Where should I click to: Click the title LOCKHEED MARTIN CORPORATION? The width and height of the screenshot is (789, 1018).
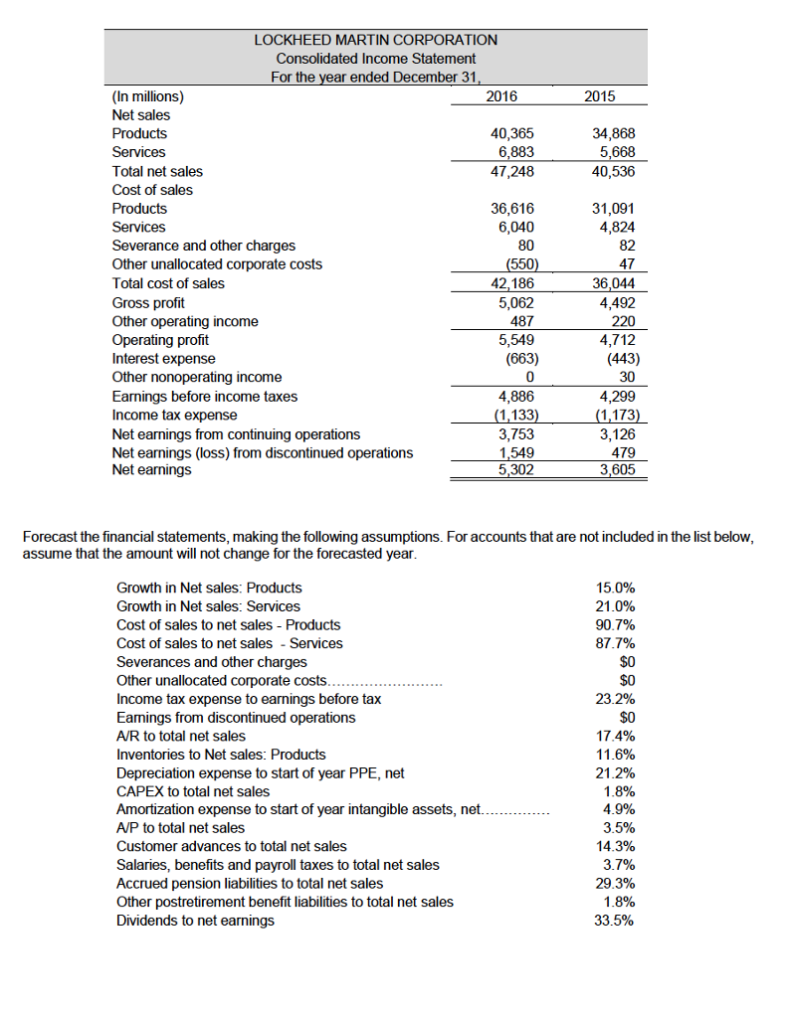point(375,40)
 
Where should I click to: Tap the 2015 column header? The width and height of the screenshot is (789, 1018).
point(600,96)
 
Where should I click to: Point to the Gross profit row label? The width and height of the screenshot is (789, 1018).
point(147,302)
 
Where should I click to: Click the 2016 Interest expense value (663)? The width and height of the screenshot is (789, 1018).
point(521,358)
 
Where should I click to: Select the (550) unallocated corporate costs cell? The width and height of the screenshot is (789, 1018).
point(521,264)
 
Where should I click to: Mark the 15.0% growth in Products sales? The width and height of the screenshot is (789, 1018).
point(615,588)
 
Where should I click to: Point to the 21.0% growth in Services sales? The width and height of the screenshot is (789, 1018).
point(615,606)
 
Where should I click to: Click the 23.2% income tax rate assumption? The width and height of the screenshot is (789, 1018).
point(615,699)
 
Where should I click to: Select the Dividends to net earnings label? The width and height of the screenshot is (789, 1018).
point(195,921)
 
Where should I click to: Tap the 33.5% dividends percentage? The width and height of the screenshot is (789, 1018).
point(615,921)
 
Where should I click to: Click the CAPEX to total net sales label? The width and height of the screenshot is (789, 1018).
point(193,791)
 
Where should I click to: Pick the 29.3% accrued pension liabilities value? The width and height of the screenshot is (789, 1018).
point(615,883)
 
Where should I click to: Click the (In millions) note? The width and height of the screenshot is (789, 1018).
point(147,96)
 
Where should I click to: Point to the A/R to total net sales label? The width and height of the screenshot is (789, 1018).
point(181,736)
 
